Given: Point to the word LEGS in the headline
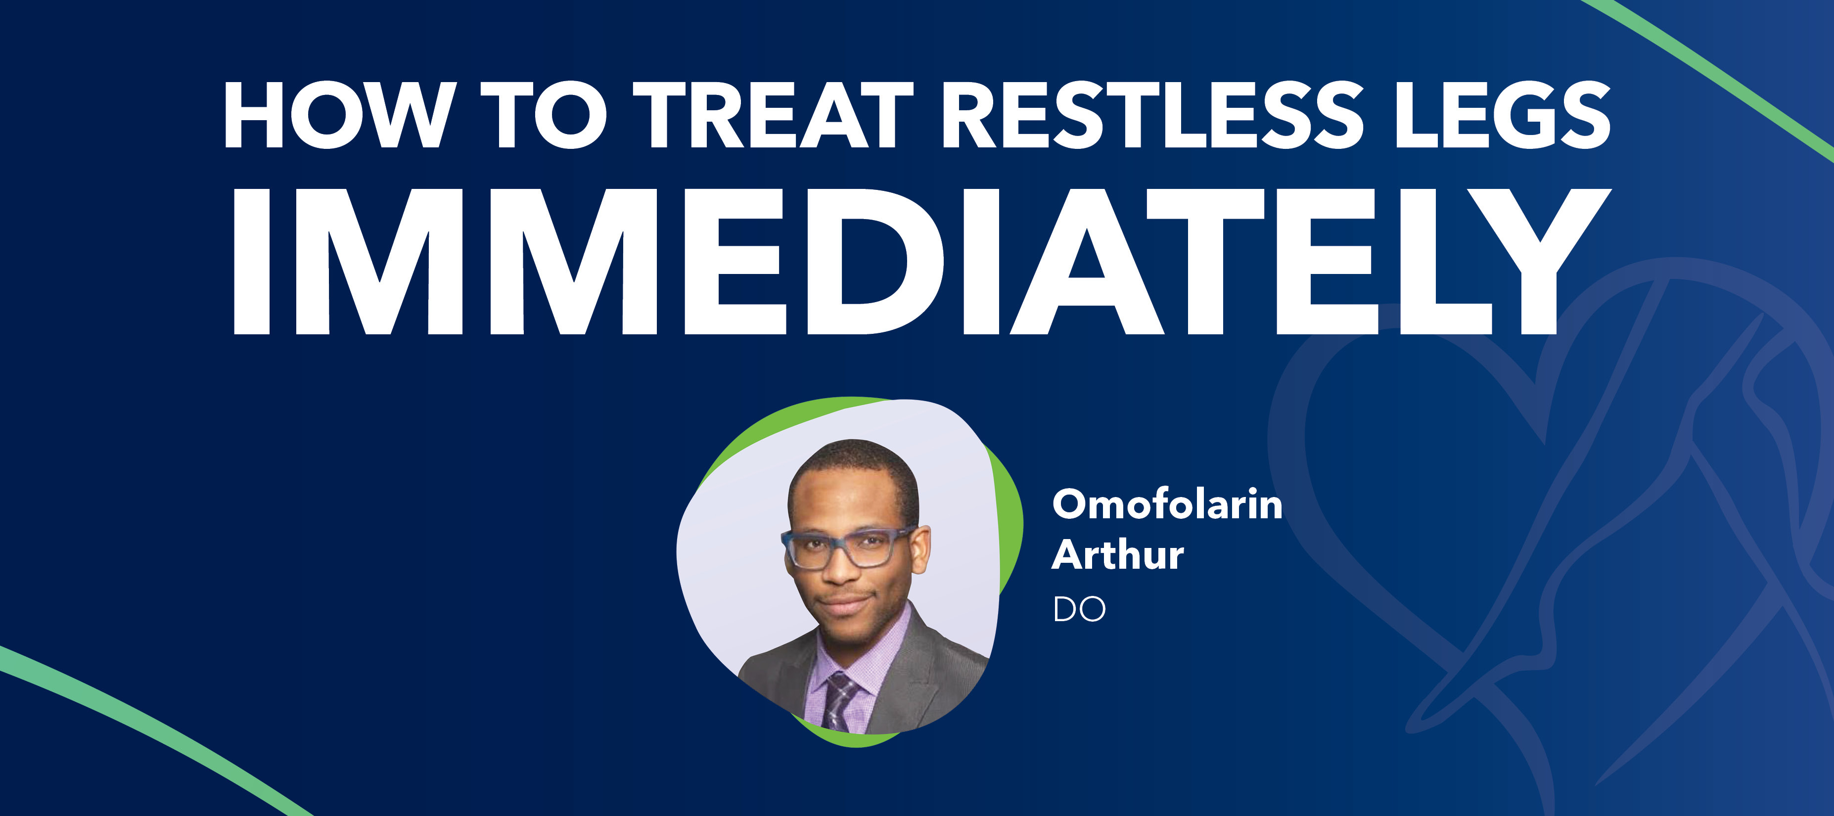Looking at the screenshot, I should coord(1502,115).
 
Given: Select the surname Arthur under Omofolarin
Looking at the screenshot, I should coord(1118,555).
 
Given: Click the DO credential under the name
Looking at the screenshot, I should coord(1079,609).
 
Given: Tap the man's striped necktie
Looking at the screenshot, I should coord(841,701).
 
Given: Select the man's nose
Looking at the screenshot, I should coord(840,570).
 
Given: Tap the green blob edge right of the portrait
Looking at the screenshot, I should coord(1011,527).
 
